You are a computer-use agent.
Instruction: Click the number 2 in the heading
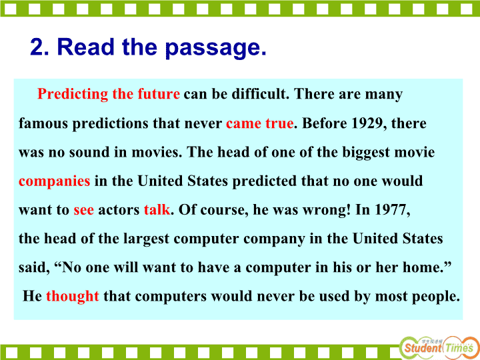click(37, 47)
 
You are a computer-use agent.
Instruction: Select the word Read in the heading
click(85, 47)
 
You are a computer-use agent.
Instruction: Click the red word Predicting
click(73, 94)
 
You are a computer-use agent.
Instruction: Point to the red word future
click(159, 94)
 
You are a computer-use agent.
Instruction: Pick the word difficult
click(260, 94)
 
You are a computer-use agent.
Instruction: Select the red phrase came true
click(259, 123)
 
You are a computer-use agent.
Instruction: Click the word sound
click(89, 152)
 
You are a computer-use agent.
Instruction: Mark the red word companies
click(54, 181)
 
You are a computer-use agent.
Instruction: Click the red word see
click(83, 210)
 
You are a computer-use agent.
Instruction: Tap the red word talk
click(157, 209)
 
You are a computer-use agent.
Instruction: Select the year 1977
click(392, 210)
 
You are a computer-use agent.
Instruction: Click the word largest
click(146, 239)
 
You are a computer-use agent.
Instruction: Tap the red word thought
click(73, 296)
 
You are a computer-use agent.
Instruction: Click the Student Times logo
click(439, 347)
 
